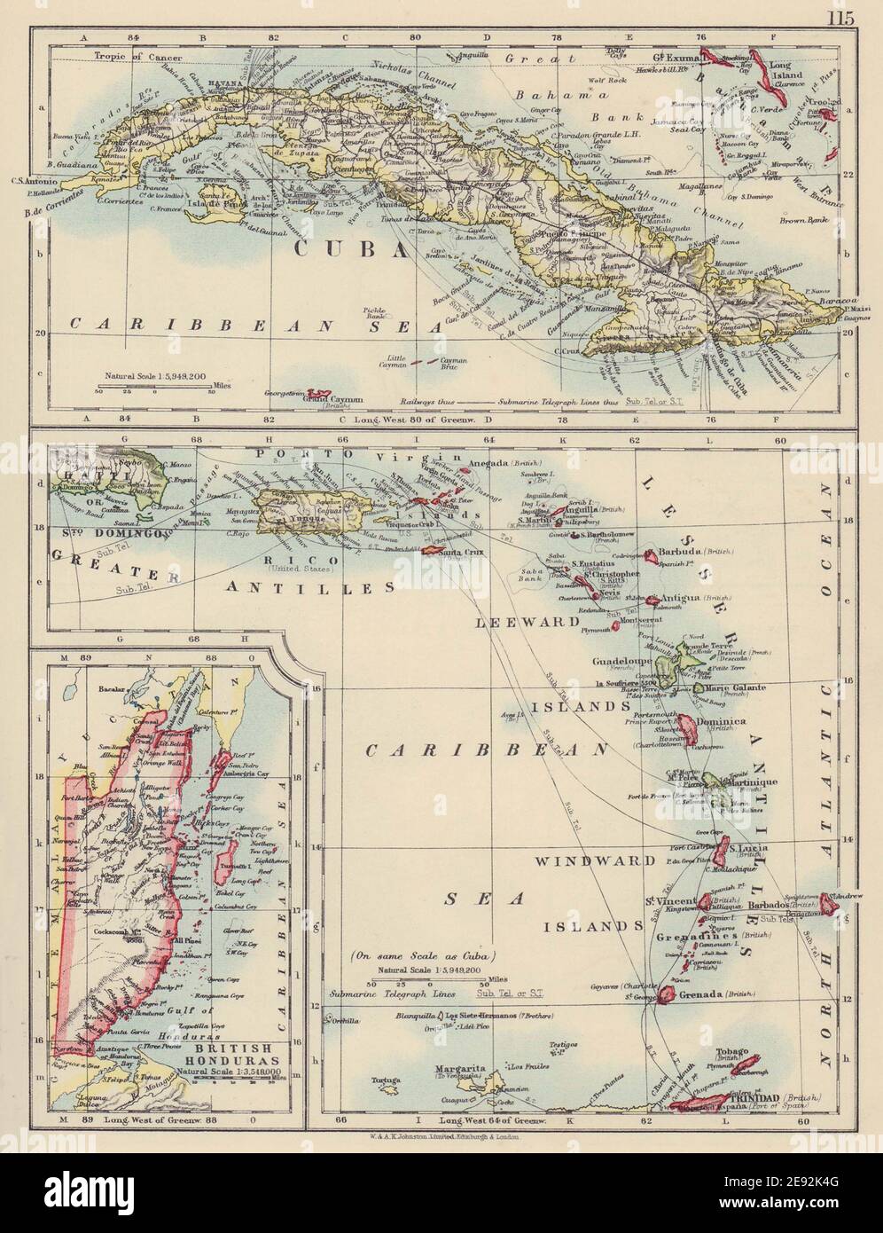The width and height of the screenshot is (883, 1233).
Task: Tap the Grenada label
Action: (700, 995)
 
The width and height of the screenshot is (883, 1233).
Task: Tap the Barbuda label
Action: (682, 551)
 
